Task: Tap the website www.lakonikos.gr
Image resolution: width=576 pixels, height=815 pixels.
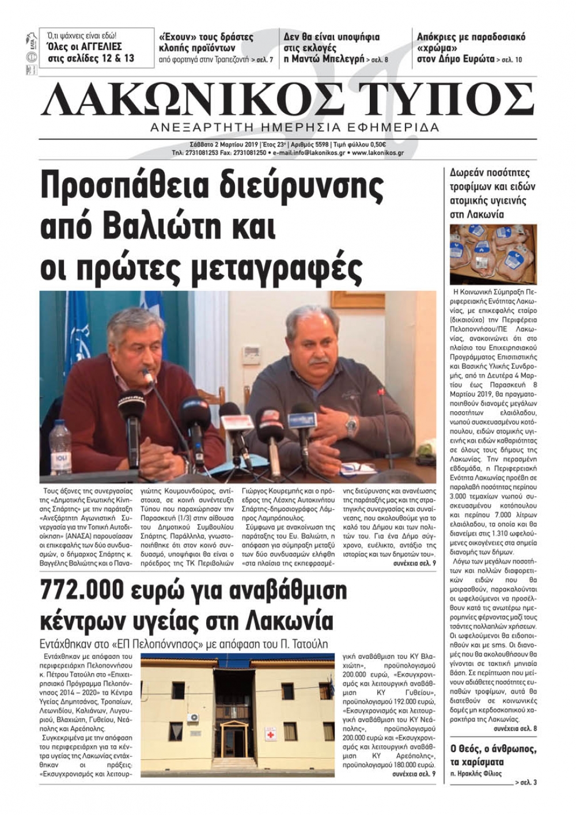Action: pos(377,153)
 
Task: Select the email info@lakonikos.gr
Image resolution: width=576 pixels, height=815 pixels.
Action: pos(310,153)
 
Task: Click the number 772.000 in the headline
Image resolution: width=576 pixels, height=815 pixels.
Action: pos(84,591)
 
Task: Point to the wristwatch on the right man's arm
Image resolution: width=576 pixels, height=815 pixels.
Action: pos(351,426)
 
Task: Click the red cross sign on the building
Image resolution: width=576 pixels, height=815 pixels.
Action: pos(269,736)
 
